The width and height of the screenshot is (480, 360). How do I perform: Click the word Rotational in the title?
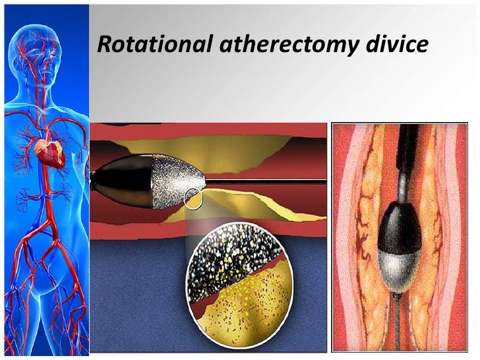tap(153, 45)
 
